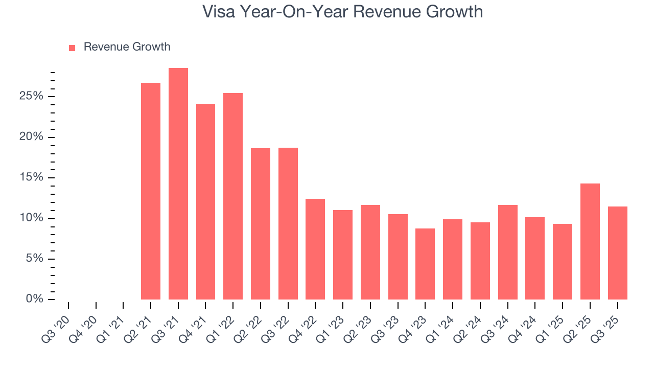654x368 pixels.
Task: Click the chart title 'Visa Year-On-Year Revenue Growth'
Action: click(x=342, y=11)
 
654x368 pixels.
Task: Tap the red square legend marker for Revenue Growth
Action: click(x=72, y=48)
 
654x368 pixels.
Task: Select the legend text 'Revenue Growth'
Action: click(x=127, y=47)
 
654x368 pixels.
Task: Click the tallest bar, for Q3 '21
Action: click(x=178, y=184)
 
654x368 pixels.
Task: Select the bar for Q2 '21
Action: click(x=151, y=191)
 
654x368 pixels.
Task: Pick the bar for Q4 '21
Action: click(x=205, y=201)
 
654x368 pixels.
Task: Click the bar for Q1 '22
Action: click(x=233, y=196)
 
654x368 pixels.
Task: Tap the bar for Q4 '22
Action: click(x=315, y=249)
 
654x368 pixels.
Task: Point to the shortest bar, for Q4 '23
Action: click(x=425, y=264)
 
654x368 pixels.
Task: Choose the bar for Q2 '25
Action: click(x=590, y=241)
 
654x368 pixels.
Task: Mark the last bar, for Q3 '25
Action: click(x=617, y=253)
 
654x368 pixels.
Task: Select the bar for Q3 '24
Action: click(x=507, y=252)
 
